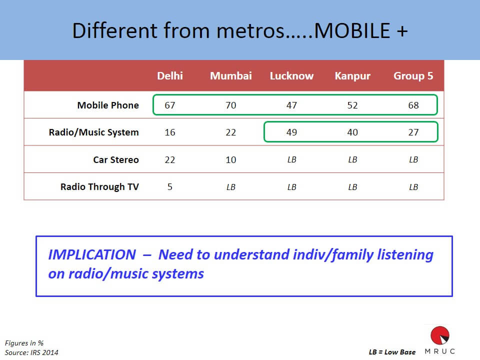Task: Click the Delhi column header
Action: pos(170,75)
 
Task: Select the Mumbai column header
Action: pos(231,75)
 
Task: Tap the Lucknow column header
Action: pos(291,75)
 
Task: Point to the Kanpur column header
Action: pos(352,76)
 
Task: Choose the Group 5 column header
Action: pos(413,75)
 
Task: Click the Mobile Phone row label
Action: pos(108,105)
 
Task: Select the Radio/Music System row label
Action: pos(93,132)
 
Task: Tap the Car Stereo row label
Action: pos(116,159)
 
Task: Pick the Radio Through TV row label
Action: pos(99,186)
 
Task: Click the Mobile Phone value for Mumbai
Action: pos(231,105)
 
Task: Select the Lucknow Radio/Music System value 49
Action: pos(291,132)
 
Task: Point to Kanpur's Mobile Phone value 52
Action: pos(352,105)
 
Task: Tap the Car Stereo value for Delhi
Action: pos(170,160)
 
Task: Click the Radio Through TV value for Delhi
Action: pos(170,186)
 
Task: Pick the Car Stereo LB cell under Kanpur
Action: pos(352,159)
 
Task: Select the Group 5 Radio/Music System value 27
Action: pos(413,132)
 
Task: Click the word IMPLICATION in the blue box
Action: pos(92,254)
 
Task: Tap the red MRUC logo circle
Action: pos(440,335)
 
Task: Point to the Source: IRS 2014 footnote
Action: pos(31,352)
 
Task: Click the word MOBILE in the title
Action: pos(352,30)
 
